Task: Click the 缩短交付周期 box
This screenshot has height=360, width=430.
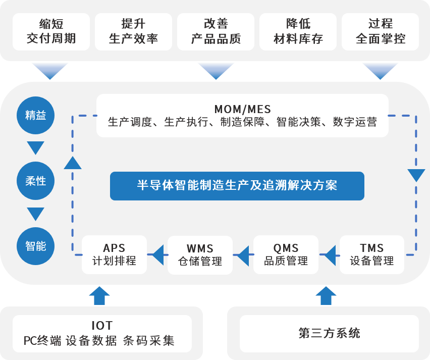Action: [x=51, y=31]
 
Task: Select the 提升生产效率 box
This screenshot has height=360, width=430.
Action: [x=133, y=31]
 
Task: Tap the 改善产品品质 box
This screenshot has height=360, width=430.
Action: [x=216, y=31]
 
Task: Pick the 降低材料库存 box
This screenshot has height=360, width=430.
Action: [x=298, y=31]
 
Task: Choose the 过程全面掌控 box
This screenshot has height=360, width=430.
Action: [x=380, y=31]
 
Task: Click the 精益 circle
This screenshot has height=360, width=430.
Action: [x=36, y=115]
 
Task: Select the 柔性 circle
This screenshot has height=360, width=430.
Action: [x=36, y=180]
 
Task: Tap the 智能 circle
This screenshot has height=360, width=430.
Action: [x=36, y=246]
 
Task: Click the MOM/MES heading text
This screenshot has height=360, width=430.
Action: [x=242, y=109]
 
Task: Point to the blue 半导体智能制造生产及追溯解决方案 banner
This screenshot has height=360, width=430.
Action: [x=237, y=186]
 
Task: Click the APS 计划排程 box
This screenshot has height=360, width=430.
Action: [x=114, y=254]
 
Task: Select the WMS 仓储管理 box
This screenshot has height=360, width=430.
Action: [x=200, y=254]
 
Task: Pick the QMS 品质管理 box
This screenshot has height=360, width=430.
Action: [x=286, y=254]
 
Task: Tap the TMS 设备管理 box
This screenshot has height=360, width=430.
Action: [x=372, y=254]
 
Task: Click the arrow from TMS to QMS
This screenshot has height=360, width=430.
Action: [x=329, y=255]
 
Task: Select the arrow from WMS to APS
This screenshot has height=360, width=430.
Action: [x=157, y=255]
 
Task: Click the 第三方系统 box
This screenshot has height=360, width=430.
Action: [x=329, y=334]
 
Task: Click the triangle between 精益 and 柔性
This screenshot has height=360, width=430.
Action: [x=36, y=148]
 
